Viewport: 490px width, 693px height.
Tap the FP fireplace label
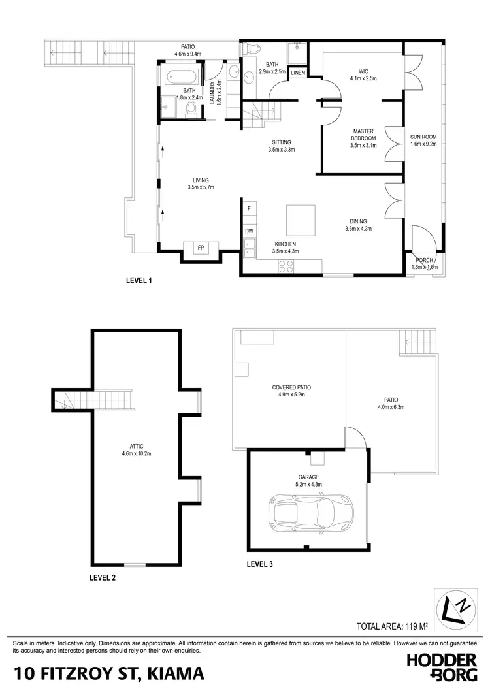click(202, 248)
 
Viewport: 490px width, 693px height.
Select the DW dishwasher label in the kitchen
click(249, 231)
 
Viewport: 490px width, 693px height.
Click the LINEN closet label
click(297, 73)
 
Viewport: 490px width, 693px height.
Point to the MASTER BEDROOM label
click(363, 135)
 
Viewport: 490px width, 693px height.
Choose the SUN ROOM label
click(423, 137)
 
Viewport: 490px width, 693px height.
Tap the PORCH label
click(424, 260)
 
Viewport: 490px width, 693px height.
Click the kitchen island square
click(301, 221)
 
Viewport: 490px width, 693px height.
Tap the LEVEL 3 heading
click(260, 563)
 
